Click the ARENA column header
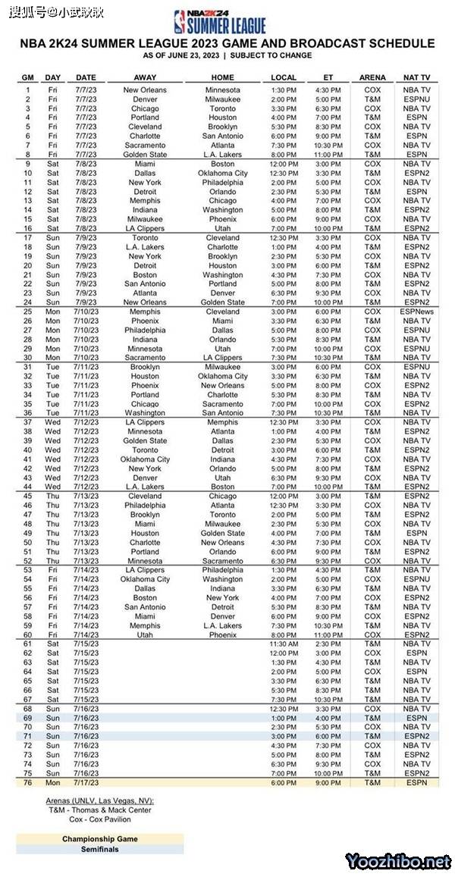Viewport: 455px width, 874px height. (372, 77)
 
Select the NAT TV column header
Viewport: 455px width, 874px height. (416, 77)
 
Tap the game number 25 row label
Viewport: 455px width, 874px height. (28, 312)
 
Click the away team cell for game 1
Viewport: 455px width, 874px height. (145, 90)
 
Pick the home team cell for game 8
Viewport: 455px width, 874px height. (223, 155)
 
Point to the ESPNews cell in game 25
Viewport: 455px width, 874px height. (416, 312)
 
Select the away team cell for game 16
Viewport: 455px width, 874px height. (145, 228)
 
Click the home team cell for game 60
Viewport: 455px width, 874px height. (223, 634)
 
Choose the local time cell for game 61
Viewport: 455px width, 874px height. (284, 644)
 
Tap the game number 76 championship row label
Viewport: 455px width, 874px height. (28, 782)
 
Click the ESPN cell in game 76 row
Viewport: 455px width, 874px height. (416, 782)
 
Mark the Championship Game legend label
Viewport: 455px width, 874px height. (100, 839)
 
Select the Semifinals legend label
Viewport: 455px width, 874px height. (100, 849)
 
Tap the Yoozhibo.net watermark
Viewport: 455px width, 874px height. (398, 861)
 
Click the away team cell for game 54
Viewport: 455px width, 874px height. (145, 579)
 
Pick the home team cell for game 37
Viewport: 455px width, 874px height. (223, 422)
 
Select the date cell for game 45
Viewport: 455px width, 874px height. (86, 496)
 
